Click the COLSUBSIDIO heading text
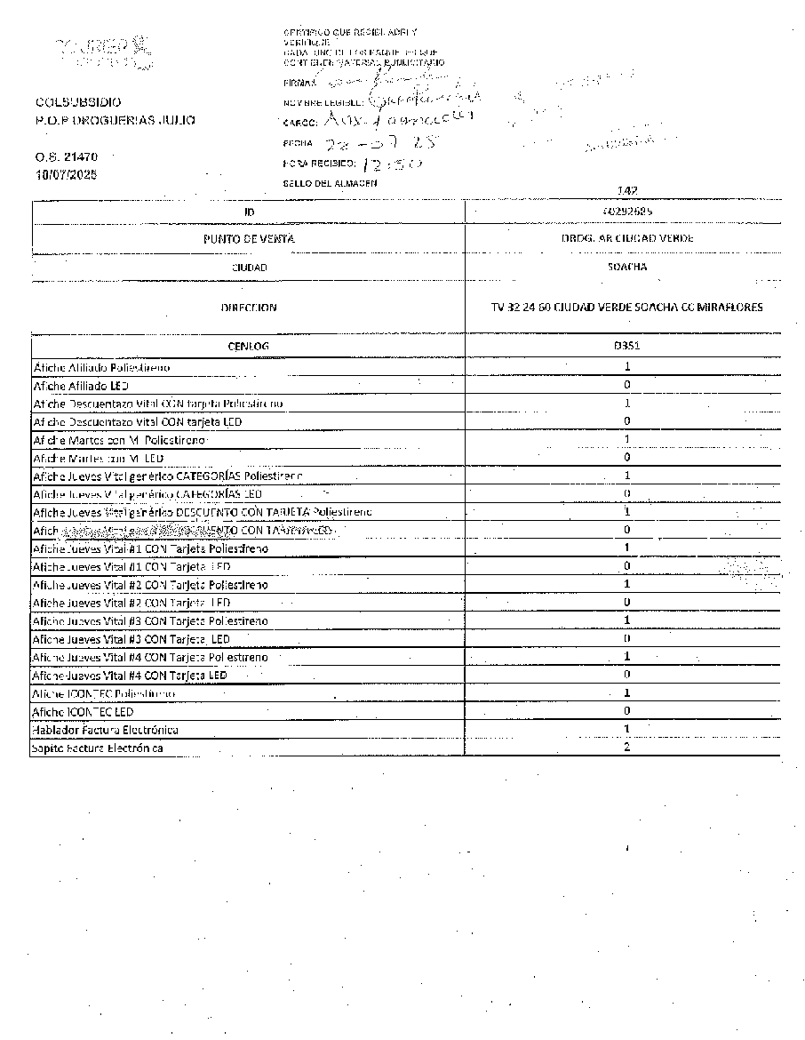[79, 103]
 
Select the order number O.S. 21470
[68, 156]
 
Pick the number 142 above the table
[626, 190]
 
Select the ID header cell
[249, 212]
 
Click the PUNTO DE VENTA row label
[249, 239]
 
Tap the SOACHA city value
[627, 267]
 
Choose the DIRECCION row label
[249, 308]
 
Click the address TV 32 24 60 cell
[620, 308]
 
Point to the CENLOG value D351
[627, 346]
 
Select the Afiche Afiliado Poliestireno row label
[101, 367]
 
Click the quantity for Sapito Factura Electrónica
[627, 748]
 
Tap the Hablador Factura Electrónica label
[106, 730]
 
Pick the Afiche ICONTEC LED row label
[83, 712]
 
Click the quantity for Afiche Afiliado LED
[627, 385]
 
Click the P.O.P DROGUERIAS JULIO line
[116, 121]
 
